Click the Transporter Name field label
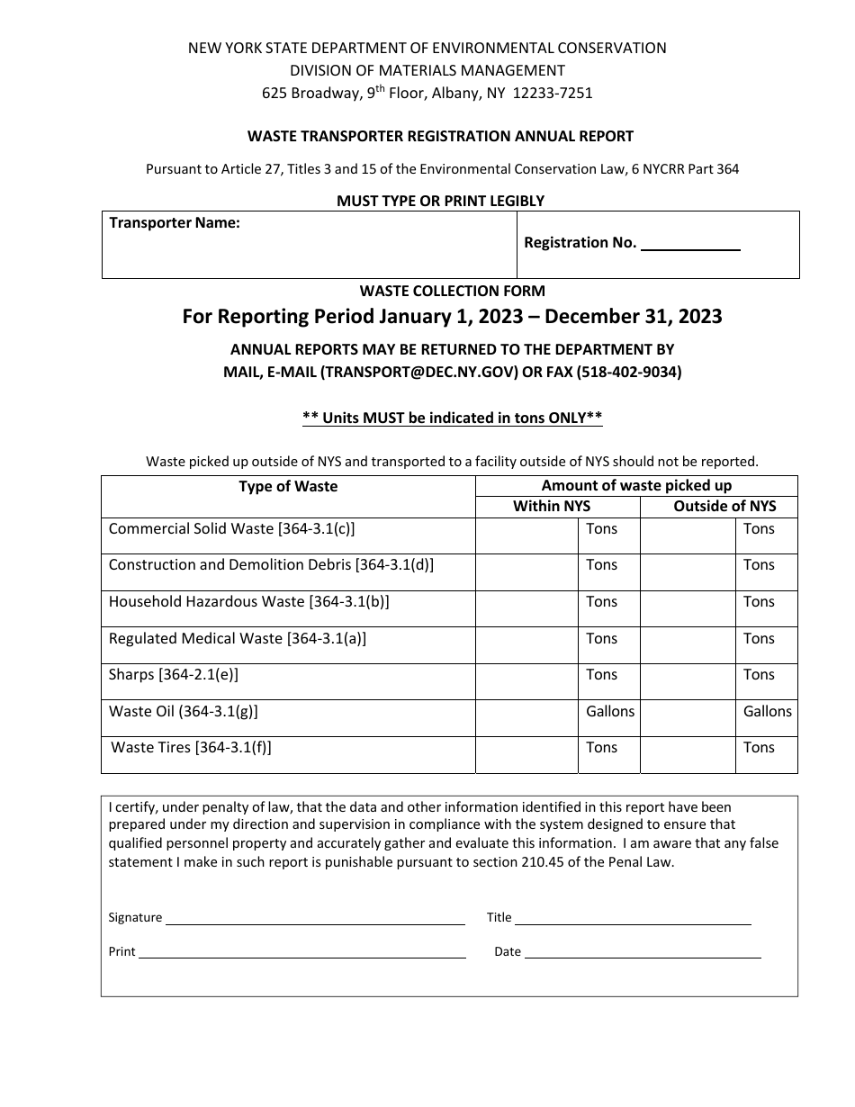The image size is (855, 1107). tap(175, 223)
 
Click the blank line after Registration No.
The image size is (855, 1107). tap(690, 245)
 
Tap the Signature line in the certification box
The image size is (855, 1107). tap(315, 920)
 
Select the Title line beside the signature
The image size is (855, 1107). tap(633, 920)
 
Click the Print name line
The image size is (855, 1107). tap(301, 954)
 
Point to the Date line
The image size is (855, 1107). tap(643, 953)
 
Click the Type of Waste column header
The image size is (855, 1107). tap(288, 487)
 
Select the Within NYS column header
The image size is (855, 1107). tap(552, 506)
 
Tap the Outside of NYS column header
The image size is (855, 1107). tap(724, 506)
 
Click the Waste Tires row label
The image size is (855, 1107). tap(191, 748)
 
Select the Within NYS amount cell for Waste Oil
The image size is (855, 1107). tap(526, 717)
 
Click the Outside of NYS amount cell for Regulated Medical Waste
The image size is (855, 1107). tap(688, 644)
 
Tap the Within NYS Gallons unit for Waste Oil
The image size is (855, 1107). tap(610, 712)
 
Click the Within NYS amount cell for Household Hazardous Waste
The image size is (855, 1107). tap(526, 607)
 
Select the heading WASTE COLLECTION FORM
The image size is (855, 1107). tap(452, 291)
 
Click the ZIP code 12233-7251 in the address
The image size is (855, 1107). tap(553, 93)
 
